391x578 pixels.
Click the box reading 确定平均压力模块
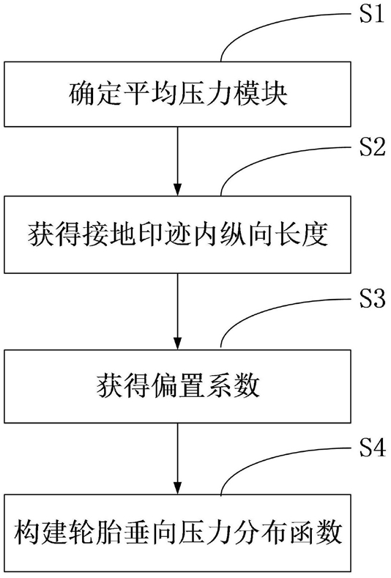177,94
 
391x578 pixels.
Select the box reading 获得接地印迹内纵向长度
177,234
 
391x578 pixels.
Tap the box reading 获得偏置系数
177,385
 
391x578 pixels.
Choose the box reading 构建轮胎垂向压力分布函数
177,533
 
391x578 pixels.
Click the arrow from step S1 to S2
178,161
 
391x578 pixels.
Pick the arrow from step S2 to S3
178,311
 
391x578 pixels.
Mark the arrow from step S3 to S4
178,459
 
